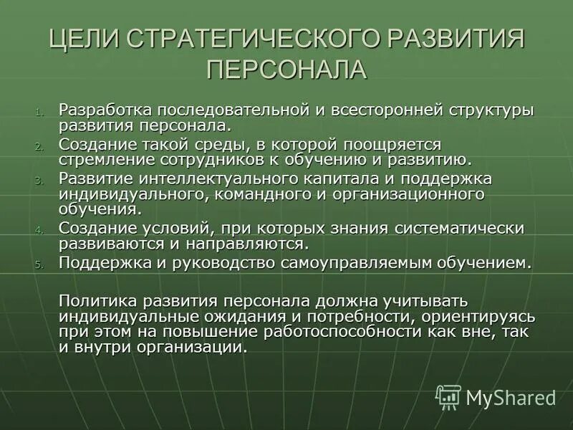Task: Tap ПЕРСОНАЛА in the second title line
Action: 286,70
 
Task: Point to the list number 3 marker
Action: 39,180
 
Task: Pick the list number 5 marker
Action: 39,264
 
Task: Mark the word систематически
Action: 458,228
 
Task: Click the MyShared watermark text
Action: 510,397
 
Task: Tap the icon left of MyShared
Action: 448,396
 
